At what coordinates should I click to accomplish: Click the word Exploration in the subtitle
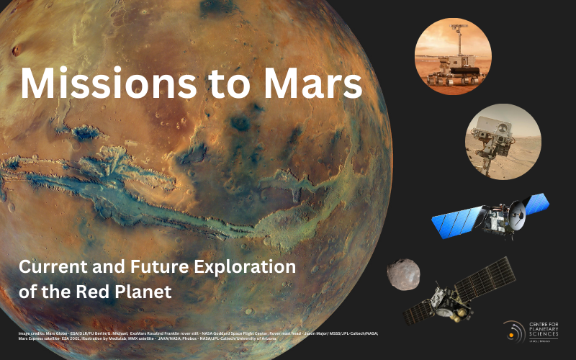click(x=241, y=267)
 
